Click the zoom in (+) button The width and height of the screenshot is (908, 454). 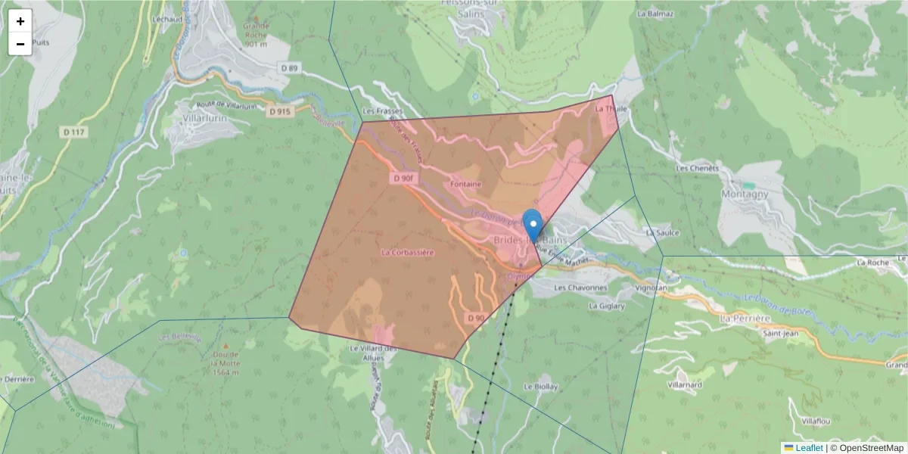tap(20, 20)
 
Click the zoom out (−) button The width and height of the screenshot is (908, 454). tap(20, 44)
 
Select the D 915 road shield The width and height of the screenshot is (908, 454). tap(280, 111)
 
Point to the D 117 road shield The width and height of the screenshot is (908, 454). tap(73, 132)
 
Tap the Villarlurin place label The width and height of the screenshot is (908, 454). tap(204, 118)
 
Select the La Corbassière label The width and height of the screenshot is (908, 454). tap(407, 252)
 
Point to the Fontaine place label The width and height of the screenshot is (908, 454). tap(466, 184)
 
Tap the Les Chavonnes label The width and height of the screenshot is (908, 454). tap(580, 288)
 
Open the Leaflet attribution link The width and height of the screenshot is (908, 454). tap(809, 448)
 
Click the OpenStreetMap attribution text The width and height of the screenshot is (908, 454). tap(872, 448)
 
